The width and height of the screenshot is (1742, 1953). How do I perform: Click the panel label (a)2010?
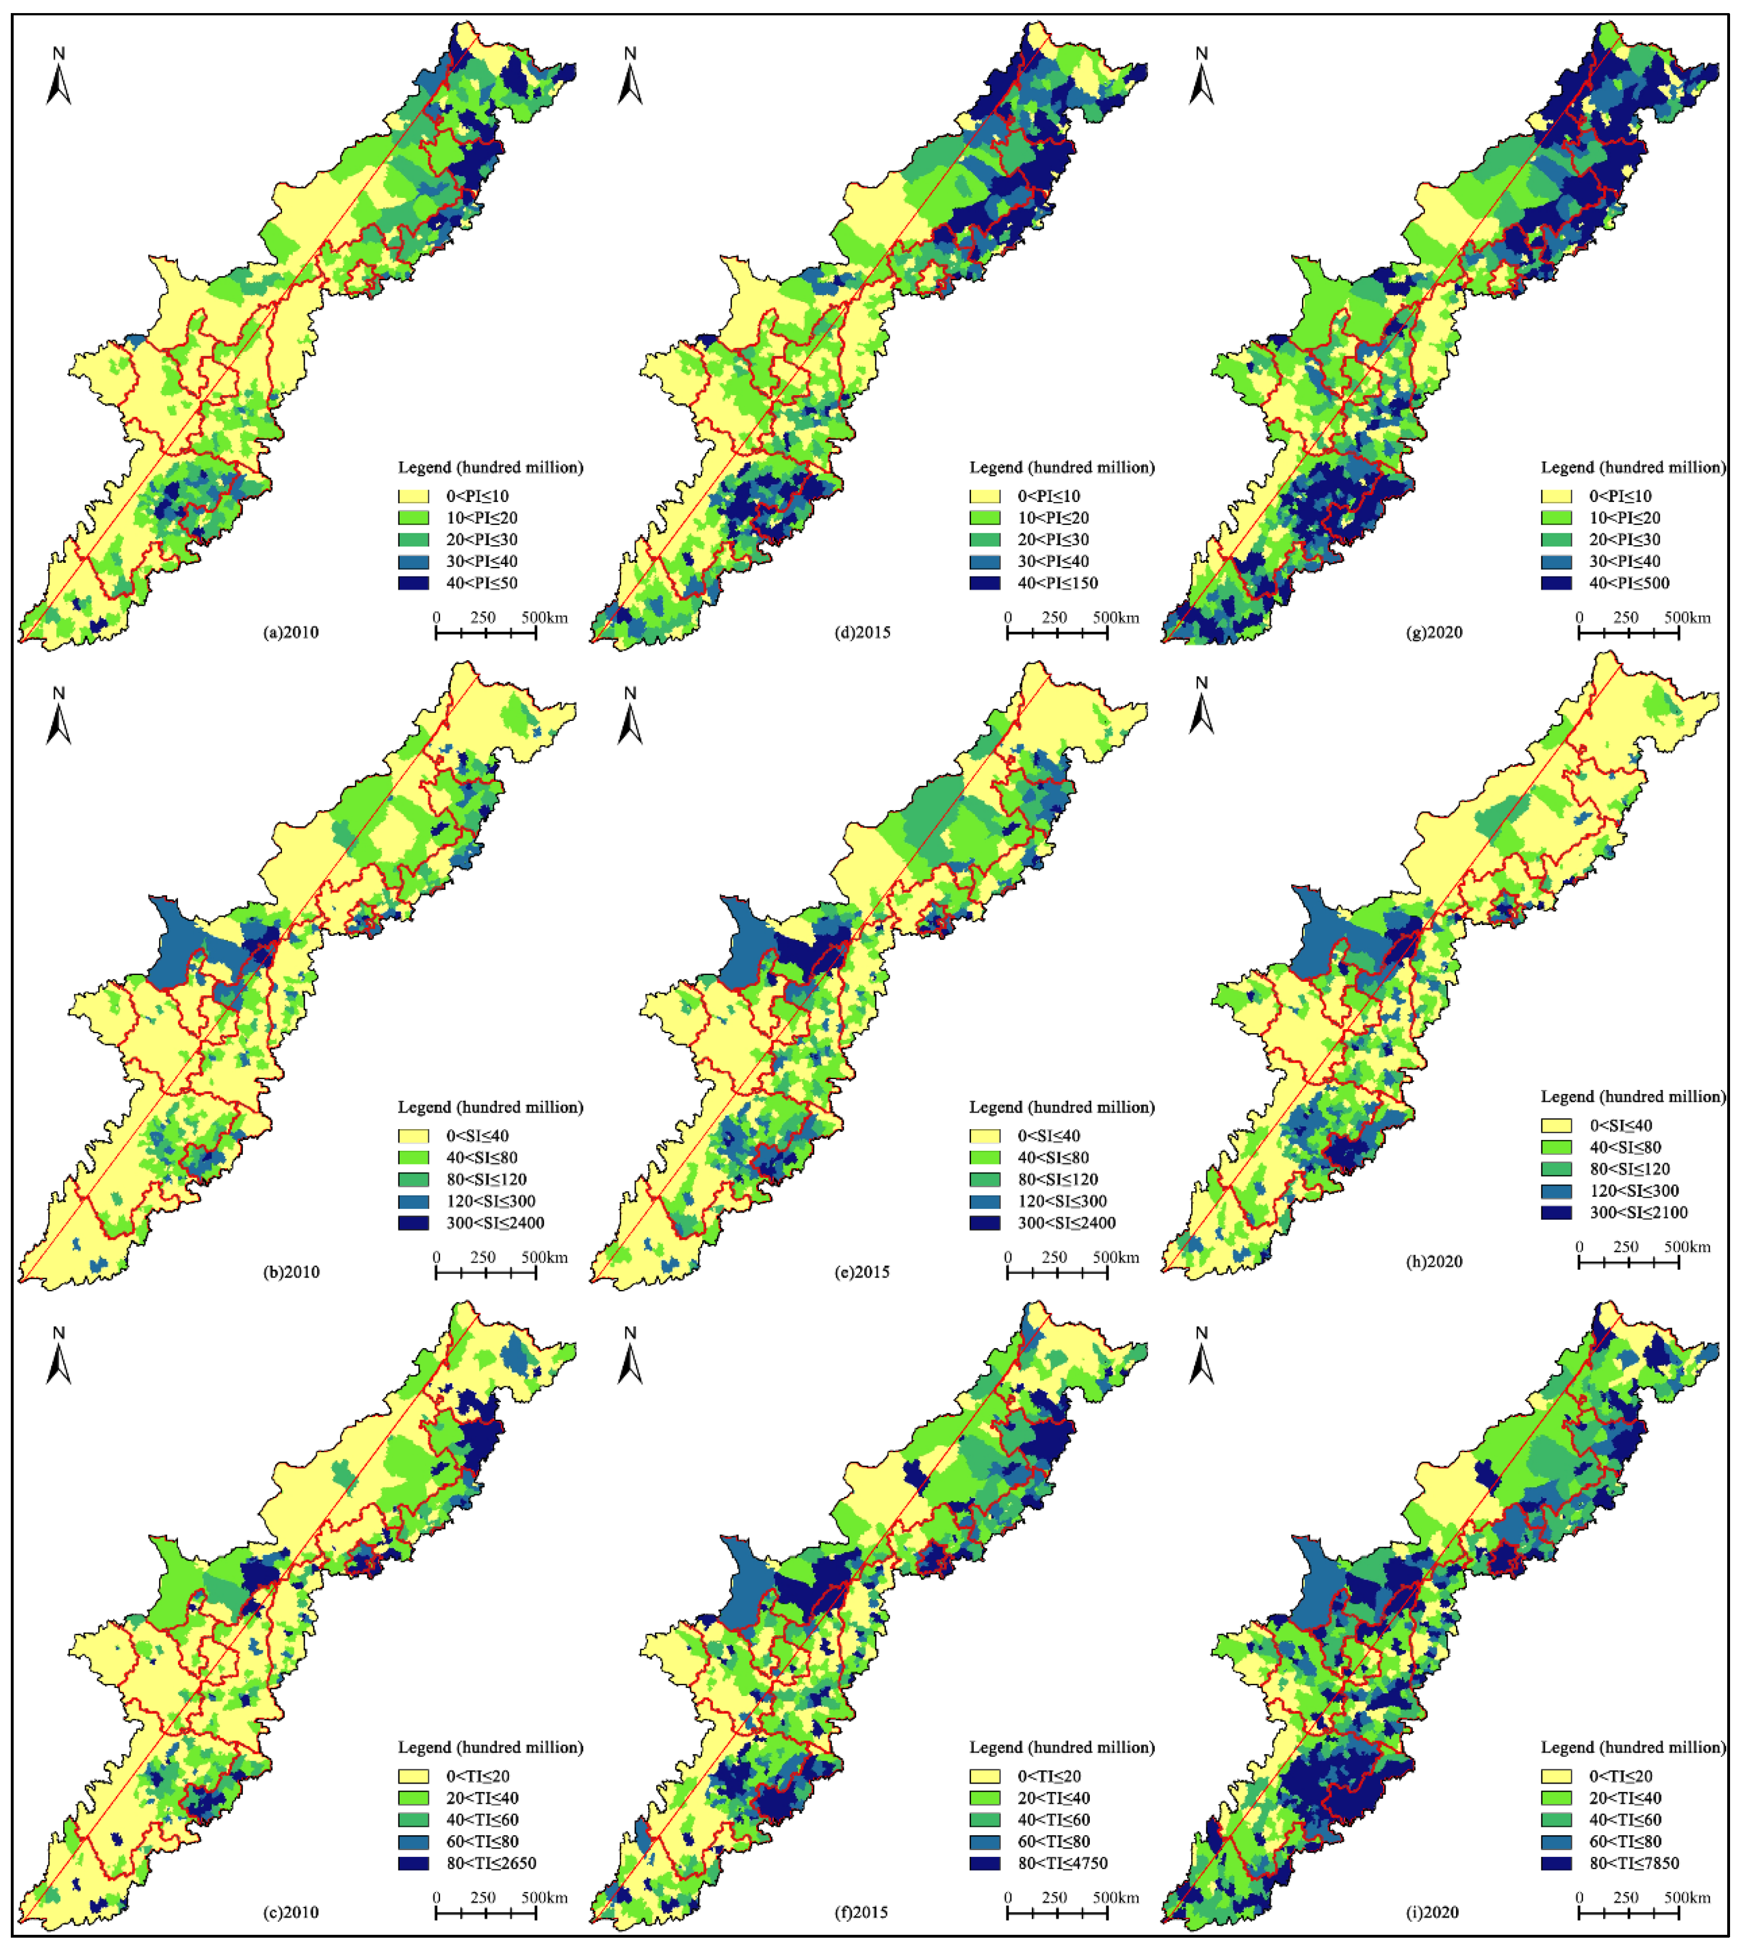tap(291, 633)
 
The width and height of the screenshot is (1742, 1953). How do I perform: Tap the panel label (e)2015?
tap(862, 1272)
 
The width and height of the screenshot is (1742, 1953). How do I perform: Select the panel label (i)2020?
tap(1432, 1913)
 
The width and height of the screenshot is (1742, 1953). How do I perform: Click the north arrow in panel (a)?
tap(59, 77)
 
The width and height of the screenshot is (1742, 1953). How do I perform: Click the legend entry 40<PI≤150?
tap(1057, 583)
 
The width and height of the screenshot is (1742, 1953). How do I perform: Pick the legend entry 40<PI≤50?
tap(482, 583)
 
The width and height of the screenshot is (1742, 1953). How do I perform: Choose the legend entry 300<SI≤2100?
tap(1639, 1213)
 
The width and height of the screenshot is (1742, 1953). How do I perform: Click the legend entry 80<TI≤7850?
tap(1634, 1864)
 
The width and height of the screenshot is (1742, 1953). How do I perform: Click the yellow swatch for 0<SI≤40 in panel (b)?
tap(413, 1137)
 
